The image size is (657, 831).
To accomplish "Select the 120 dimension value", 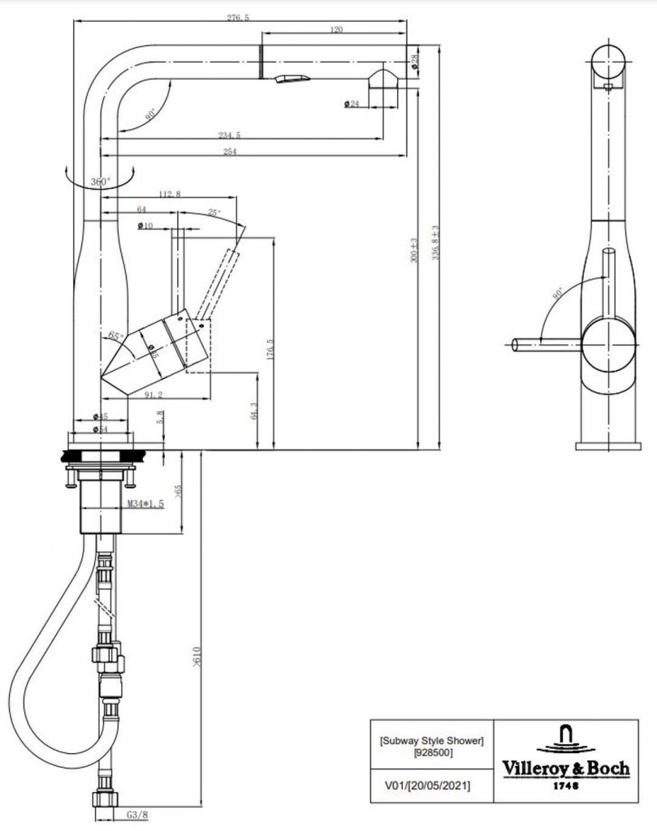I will tap(336, 30).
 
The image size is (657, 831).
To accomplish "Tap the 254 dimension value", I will tap(230, 153).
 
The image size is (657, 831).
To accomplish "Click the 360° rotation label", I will tap(100, 182).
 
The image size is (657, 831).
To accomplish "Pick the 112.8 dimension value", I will tap(171, 194).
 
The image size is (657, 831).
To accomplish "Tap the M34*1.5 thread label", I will tap(145, 504).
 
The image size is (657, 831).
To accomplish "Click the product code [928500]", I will tap(430, 753).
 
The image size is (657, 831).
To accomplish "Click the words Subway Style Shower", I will tap(431, 739).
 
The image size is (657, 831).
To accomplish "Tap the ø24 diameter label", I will tap(352, 103).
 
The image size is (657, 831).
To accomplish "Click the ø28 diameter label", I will tap(415, 61).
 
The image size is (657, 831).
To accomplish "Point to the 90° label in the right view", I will tap(557, 294).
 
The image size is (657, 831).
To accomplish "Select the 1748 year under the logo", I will tap(566, 785).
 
